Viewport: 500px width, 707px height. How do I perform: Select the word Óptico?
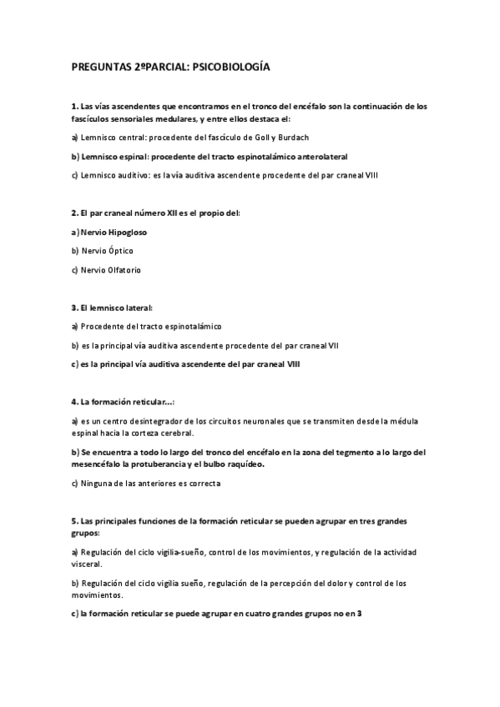(118, 250)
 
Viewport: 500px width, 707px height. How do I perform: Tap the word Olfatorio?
(123, 269)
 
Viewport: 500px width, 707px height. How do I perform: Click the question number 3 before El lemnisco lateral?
(74, 308)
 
